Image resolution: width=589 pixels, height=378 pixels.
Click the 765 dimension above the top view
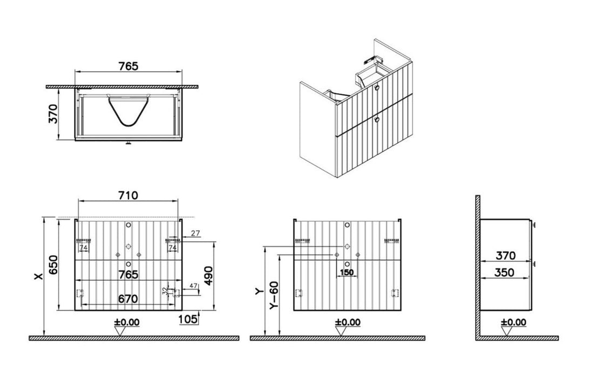[128, 66]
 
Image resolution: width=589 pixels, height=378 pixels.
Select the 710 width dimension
[127, 195]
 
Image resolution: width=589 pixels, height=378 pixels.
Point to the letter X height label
[38, 276]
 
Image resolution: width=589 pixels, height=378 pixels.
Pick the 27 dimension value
[195, 233]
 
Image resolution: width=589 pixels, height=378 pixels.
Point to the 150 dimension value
[346, 273]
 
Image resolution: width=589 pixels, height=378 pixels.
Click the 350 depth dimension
[505, 273]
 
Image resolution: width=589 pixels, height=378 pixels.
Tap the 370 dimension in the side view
[505, 255]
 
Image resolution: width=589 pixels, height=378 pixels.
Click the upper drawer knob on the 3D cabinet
[376, 88]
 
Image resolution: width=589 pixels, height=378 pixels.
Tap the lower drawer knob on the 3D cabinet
[376, 119]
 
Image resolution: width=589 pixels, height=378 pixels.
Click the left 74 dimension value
[84, 247]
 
